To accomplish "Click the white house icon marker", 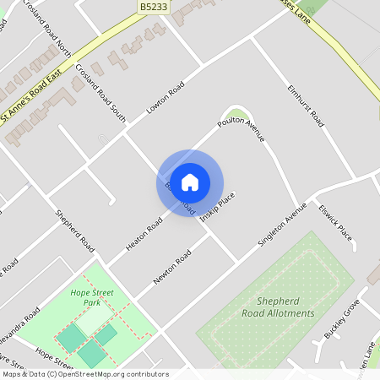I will coord(190,182).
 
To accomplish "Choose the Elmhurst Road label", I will coord(306,106).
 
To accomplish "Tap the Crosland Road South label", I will coord(100,93).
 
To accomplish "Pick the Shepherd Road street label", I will coord(75,230).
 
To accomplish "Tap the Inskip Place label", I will coord(217,207).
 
